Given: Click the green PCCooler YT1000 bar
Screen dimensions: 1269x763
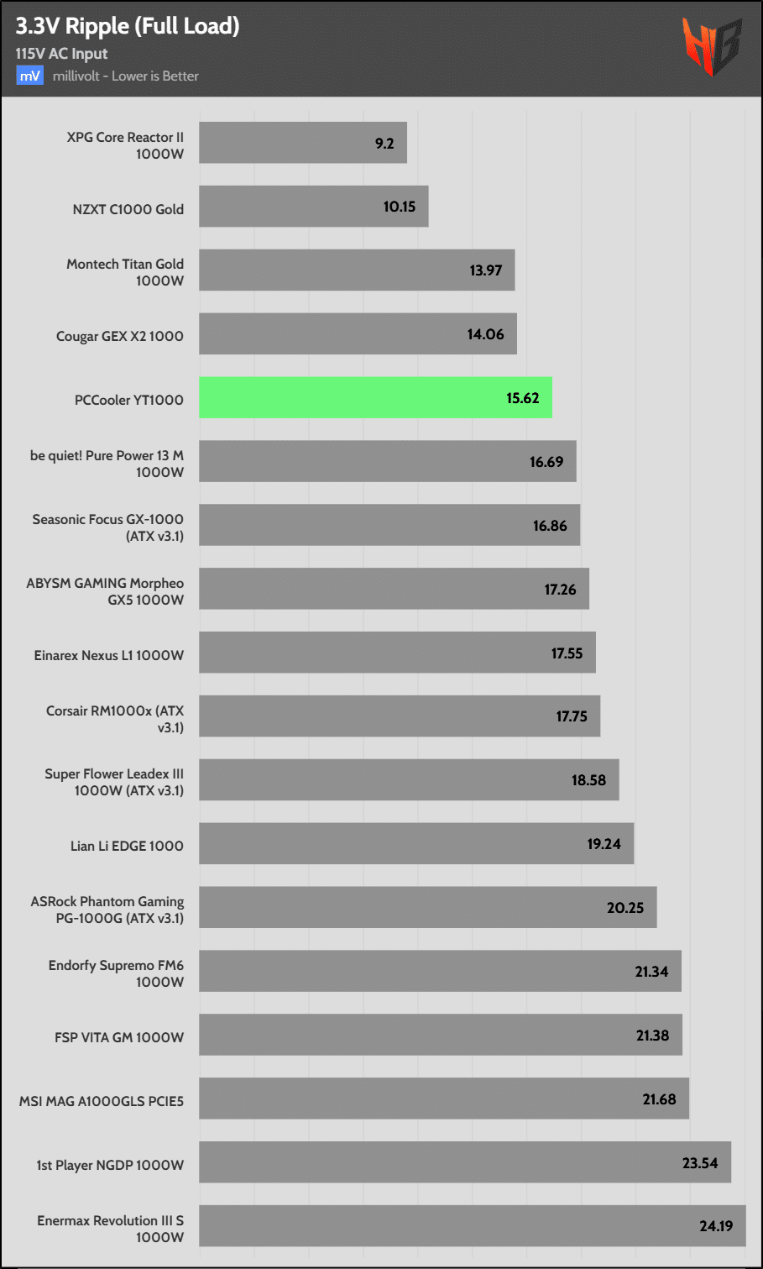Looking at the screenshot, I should click(375, 397).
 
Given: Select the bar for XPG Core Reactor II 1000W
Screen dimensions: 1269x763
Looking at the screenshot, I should click(302, 143).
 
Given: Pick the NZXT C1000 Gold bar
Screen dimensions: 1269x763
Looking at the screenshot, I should click(313, 207).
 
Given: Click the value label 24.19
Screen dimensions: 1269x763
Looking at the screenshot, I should click(716, 1226).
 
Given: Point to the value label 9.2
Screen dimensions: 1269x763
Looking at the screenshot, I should click(384, 144).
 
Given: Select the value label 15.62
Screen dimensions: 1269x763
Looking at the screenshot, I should click(522, 398).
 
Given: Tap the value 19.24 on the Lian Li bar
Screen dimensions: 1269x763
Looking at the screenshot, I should click(604, 844).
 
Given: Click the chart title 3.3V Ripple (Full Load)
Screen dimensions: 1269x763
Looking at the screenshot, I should click(128, 26).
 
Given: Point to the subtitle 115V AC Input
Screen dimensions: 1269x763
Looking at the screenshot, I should click(61, 54).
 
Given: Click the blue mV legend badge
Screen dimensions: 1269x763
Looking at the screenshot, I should click(29, 76).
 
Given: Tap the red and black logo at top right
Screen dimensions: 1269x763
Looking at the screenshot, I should click(712, 45).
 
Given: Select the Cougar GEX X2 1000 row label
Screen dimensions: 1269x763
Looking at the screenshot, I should click(120, 336).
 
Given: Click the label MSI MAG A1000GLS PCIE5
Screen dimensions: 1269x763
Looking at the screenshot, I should click(102, 1101).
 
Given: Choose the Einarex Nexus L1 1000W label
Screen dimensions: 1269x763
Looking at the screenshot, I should click(109, 655).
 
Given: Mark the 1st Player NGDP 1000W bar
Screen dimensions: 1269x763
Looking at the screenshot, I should click(464, 1162).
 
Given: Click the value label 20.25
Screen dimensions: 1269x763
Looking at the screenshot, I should click(625, 908).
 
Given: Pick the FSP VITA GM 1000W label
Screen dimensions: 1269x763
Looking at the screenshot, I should click(119, 1037).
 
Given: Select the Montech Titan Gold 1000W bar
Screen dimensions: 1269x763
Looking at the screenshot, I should click(356, 270).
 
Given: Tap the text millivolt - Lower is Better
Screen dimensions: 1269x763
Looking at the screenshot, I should click(126, 76).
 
